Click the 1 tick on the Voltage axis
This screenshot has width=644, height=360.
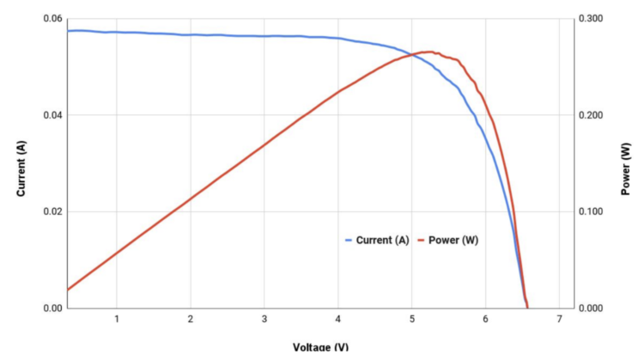117,320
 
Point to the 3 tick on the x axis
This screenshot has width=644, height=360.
264,320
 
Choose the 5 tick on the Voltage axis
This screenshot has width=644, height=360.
411,320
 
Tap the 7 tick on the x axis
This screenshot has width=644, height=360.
559,320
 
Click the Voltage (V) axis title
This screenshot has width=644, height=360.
321,348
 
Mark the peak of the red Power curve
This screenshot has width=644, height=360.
428,52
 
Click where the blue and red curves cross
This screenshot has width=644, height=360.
414,55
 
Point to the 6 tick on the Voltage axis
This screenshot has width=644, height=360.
485,320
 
